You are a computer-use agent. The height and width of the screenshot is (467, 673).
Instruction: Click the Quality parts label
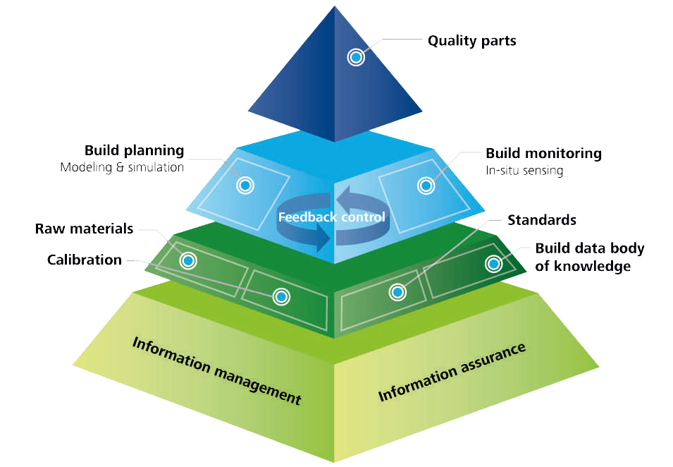pos(471,40)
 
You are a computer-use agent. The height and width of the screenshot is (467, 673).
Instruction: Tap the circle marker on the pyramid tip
pos(357,57)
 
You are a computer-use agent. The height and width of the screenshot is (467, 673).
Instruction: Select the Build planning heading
pos(134,150)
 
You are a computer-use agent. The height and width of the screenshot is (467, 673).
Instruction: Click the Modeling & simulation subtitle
pos(122,168)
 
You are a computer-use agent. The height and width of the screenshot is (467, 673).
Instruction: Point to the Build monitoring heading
pos(543,153)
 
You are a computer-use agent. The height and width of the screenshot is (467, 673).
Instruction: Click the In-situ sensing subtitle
pos(524,171)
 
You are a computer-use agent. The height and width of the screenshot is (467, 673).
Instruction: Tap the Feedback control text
pos(332,217)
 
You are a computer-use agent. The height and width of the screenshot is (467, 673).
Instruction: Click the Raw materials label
pos(84,229)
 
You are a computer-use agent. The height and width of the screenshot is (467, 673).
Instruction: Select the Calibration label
pos(85,260)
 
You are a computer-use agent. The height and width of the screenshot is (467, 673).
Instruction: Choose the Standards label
pos(542,220)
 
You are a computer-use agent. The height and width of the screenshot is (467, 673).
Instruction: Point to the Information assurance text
pos(452,372)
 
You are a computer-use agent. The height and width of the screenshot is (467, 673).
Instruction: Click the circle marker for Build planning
pos(245,186)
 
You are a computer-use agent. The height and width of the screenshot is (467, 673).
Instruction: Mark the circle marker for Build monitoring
pos(426,186)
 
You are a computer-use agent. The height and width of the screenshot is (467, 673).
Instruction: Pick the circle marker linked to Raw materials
pos(188,261)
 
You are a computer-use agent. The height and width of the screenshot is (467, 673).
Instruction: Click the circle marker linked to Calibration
pos(281,297)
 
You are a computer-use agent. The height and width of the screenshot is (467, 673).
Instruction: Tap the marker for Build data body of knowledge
pos(493,264)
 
